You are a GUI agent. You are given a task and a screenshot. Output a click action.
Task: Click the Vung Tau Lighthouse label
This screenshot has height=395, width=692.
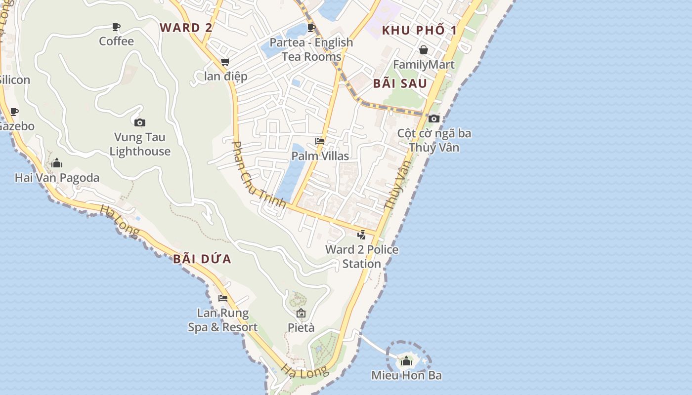(x=140, y=144)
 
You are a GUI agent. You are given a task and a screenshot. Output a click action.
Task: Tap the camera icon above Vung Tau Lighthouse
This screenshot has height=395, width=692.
(x=140, y=122)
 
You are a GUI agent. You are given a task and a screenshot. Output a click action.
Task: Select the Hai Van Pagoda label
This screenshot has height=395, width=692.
(x=57, y=178)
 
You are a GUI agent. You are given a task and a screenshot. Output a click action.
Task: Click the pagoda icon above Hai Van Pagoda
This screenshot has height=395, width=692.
(x=57, y=163)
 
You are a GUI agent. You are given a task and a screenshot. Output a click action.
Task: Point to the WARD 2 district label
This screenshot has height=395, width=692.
(x=186, y=28)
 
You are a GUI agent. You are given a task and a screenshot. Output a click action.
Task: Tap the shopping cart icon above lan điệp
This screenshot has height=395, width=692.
(x=225, y=62)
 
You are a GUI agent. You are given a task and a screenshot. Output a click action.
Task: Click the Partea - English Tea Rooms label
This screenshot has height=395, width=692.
(x=311, y=49)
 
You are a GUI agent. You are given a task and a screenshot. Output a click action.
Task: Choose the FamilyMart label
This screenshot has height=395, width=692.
(x=424, y=65)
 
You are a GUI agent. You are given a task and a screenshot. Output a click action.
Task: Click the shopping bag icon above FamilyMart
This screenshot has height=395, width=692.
(x=424, y=50)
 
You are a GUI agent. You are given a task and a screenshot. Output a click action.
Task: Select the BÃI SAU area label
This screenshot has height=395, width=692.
(x=400, y=83)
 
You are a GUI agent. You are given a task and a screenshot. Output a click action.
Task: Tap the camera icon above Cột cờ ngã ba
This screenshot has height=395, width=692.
(x=434, y=118)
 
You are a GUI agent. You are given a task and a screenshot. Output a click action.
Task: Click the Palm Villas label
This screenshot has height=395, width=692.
(x=320, y=156)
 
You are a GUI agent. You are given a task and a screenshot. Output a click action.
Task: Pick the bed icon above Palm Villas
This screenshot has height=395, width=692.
(x=320, y=141)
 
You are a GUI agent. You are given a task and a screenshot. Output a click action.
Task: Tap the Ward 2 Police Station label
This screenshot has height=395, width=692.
(x=362, y=257)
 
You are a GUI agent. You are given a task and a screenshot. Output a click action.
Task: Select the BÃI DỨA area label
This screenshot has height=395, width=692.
(x=202, y=259)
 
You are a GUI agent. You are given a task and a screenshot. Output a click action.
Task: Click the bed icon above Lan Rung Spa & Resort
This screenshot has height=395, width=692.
(x=223, y=298)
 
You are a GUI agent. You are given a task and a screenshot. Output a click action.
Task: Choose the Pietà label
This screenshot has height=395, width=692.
(x=301, y=327)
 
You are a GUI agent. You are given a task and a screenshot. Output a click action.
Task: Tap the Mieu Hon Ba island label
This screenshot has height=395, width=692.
(x=406, y=375)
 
